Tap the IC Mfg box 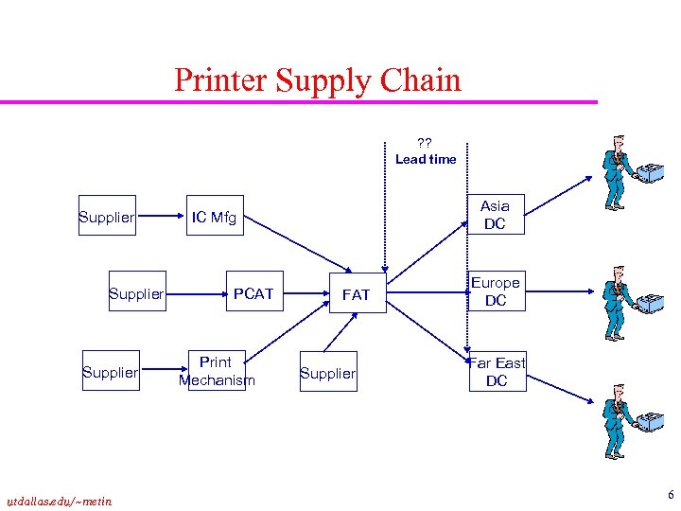click(x=214, y=219)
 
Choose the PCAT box click(x=253, y=294)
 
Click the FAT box click(x=356, y=295)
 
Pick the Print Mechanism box click(x=216, y=371)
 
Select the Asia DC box click(x=495, y=215)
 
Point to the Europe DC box click(x=496, y=291)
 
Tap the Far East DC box click(x=498, y=372)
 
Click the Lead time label click(x=426, y=159)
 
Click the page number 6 click(x=671, y=495)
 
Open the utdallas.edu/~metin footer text click(x=59, y=501)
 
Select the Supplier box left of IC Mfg click(x=107, y=219)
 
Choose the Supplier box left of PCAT click(x=136, y=294)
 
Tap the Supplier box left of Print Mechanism click(x=111, y=372)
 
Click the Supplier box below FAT click(x=327, y=373)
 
